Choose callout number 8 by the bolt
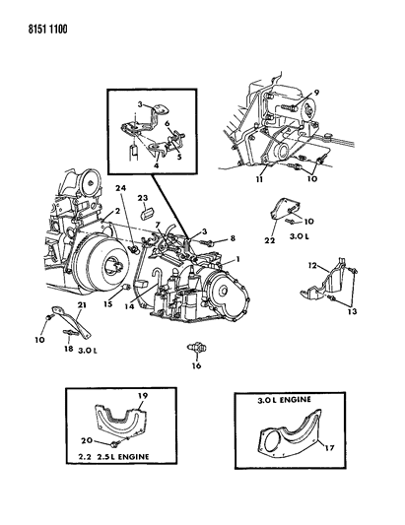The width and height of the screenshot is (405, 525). [x=233, y=238]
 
